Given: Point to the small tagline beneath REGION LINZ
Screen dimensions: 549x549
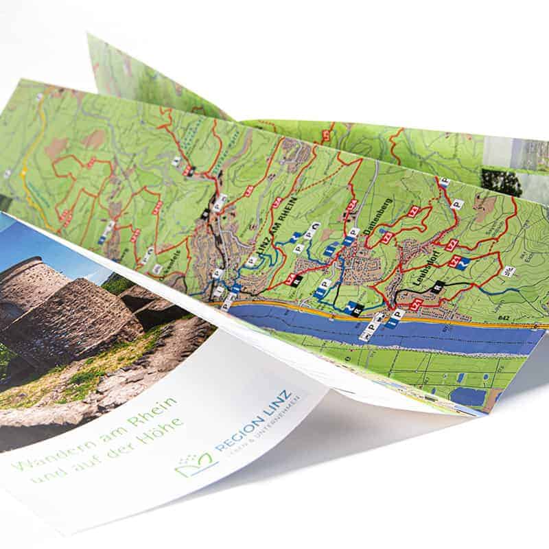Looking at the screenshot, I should pos(268,429).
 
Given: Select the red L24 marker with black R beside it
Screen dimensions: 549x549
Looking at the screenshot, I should pos(291,279).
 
